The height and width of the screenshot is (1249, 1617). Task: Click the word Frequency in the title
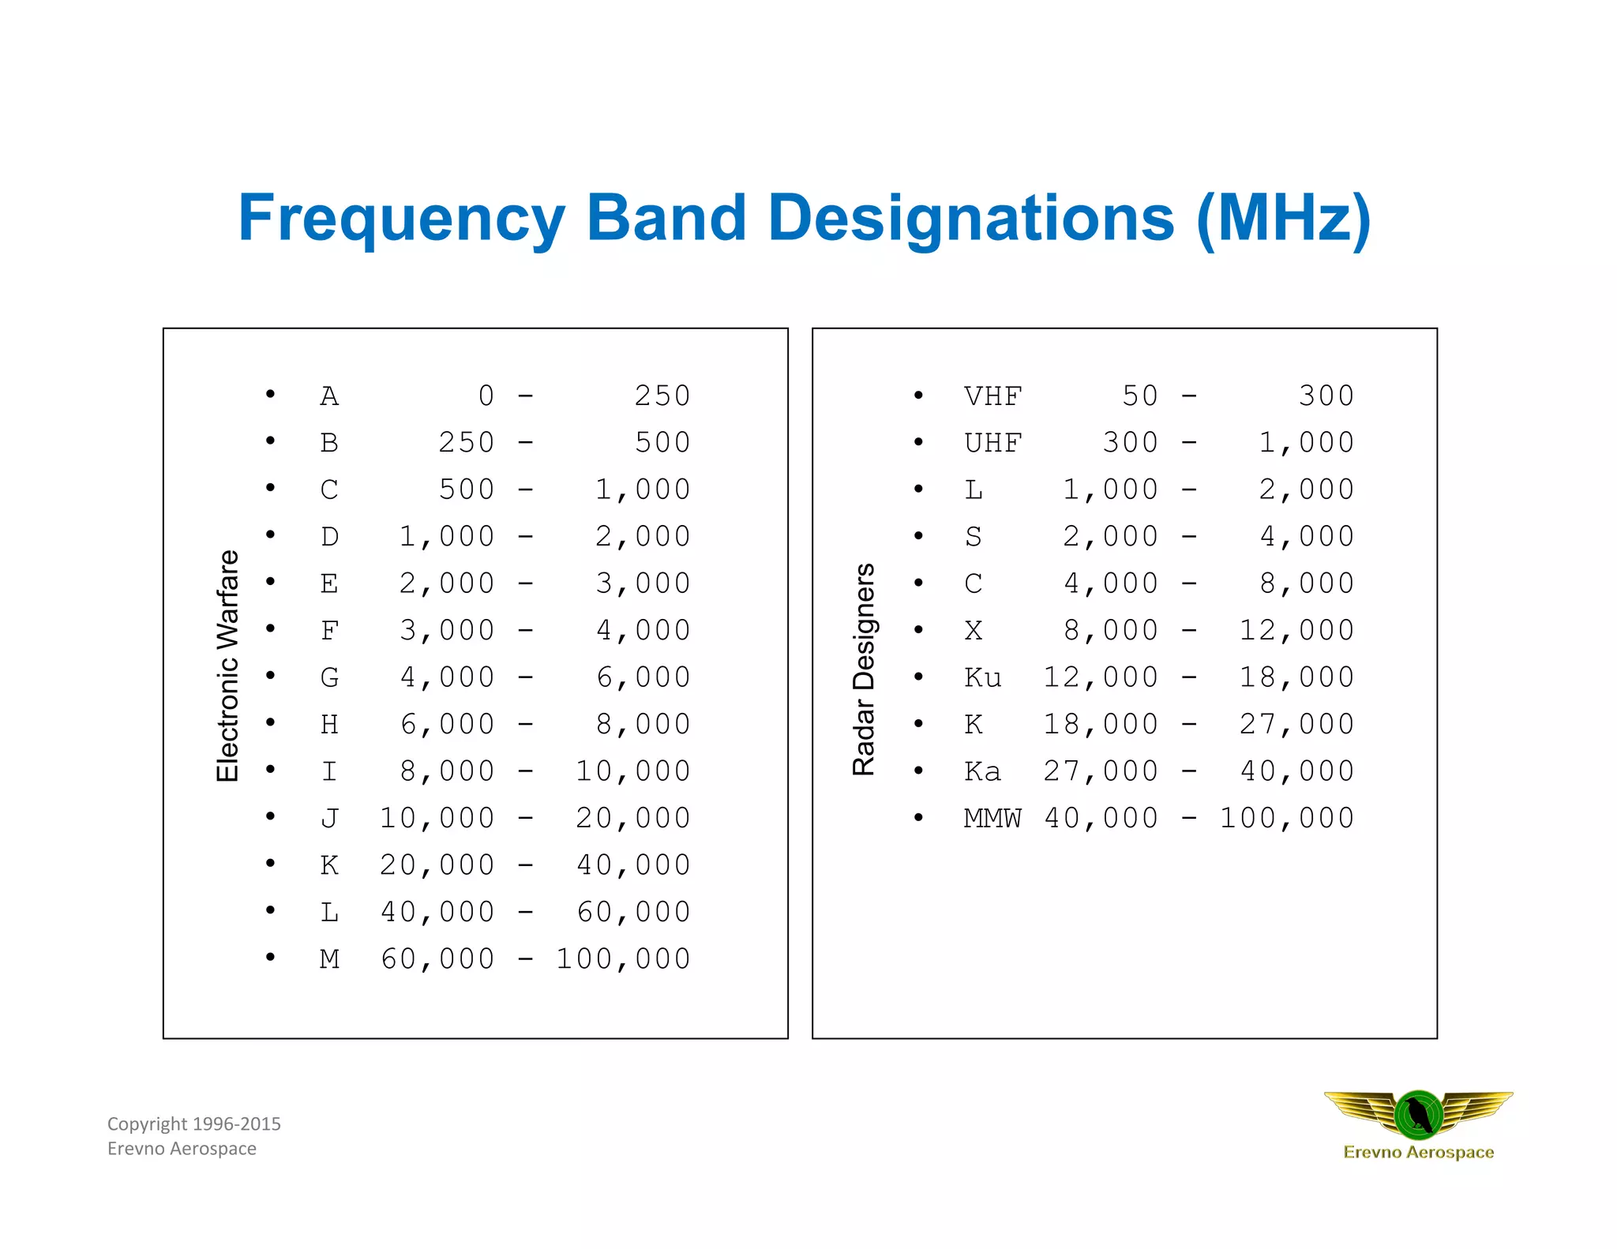coord(401,219)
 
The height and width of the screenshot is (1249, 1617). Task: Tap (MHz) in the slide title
coord(1283,219)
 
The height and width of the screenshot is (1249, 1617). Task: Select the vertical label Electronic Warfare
coord(227,666)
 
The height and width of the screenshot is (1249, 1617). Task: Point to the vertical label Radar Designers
coord(864,669)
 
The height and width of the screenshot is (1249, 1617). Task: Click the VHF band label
coord(992,396)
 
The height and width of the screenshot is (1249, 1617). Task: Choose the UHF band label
coord(992,443)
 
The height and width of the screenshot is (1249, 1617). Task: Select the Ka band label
coord(983,771)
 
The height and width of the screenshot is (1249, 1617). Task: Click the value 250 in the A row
coord(662,396)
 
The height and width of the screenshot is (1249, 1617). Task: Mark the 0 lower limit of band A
coord(486,396)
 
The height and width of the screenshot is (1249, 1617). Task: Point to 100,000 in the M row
coord(624,959)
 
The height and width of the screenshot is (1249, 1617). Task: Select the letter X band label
coord(974,631)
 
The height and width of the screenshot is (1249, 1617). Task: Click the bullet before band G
coord(271,675)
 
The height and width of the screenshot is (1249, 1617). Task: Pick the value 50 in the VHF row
coord(1140,396)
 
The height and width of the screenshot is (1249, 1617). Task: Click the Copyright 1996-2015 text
coord(194,1123)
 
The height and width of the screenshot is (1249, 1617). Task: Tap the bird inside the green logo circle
coord(1419,1114)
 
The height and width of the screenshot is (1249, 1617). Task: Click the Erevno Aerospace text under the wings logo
coord(1419,1152)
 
